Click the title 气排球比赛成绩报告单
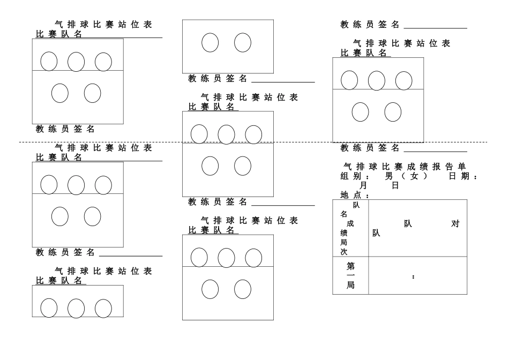[x=405, y=167]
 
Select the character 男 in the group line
[x=388, y=176]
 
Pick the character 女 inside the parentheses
[x=414, y=176]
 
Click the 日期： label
[x=463, y=176]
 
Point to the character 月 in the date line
[x=363, y=185]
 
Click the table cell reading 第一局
[x=350, y=275]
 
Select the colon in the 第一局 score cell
[x=413, y=277]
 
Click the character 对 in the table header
[x=455, y=224]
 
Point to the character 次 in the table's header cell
[x=344, y=252]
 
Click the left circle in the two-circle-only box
[x=210, y=42]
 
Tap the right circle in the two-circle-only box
[x=243, y=42]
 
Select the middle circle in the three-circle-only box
[x=76, y=308]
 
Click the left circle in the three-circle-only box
[x=49, y=307]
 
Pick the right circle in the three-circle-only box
[x=103, y=308]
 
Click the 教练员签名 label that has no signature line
[x=65, y=129]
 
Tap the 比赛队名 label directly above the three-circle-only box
[x=59, y=281]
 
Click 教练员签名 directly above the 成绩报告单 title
[x=370, y=148]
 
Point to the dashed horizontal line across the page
[x=253, y=142]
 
